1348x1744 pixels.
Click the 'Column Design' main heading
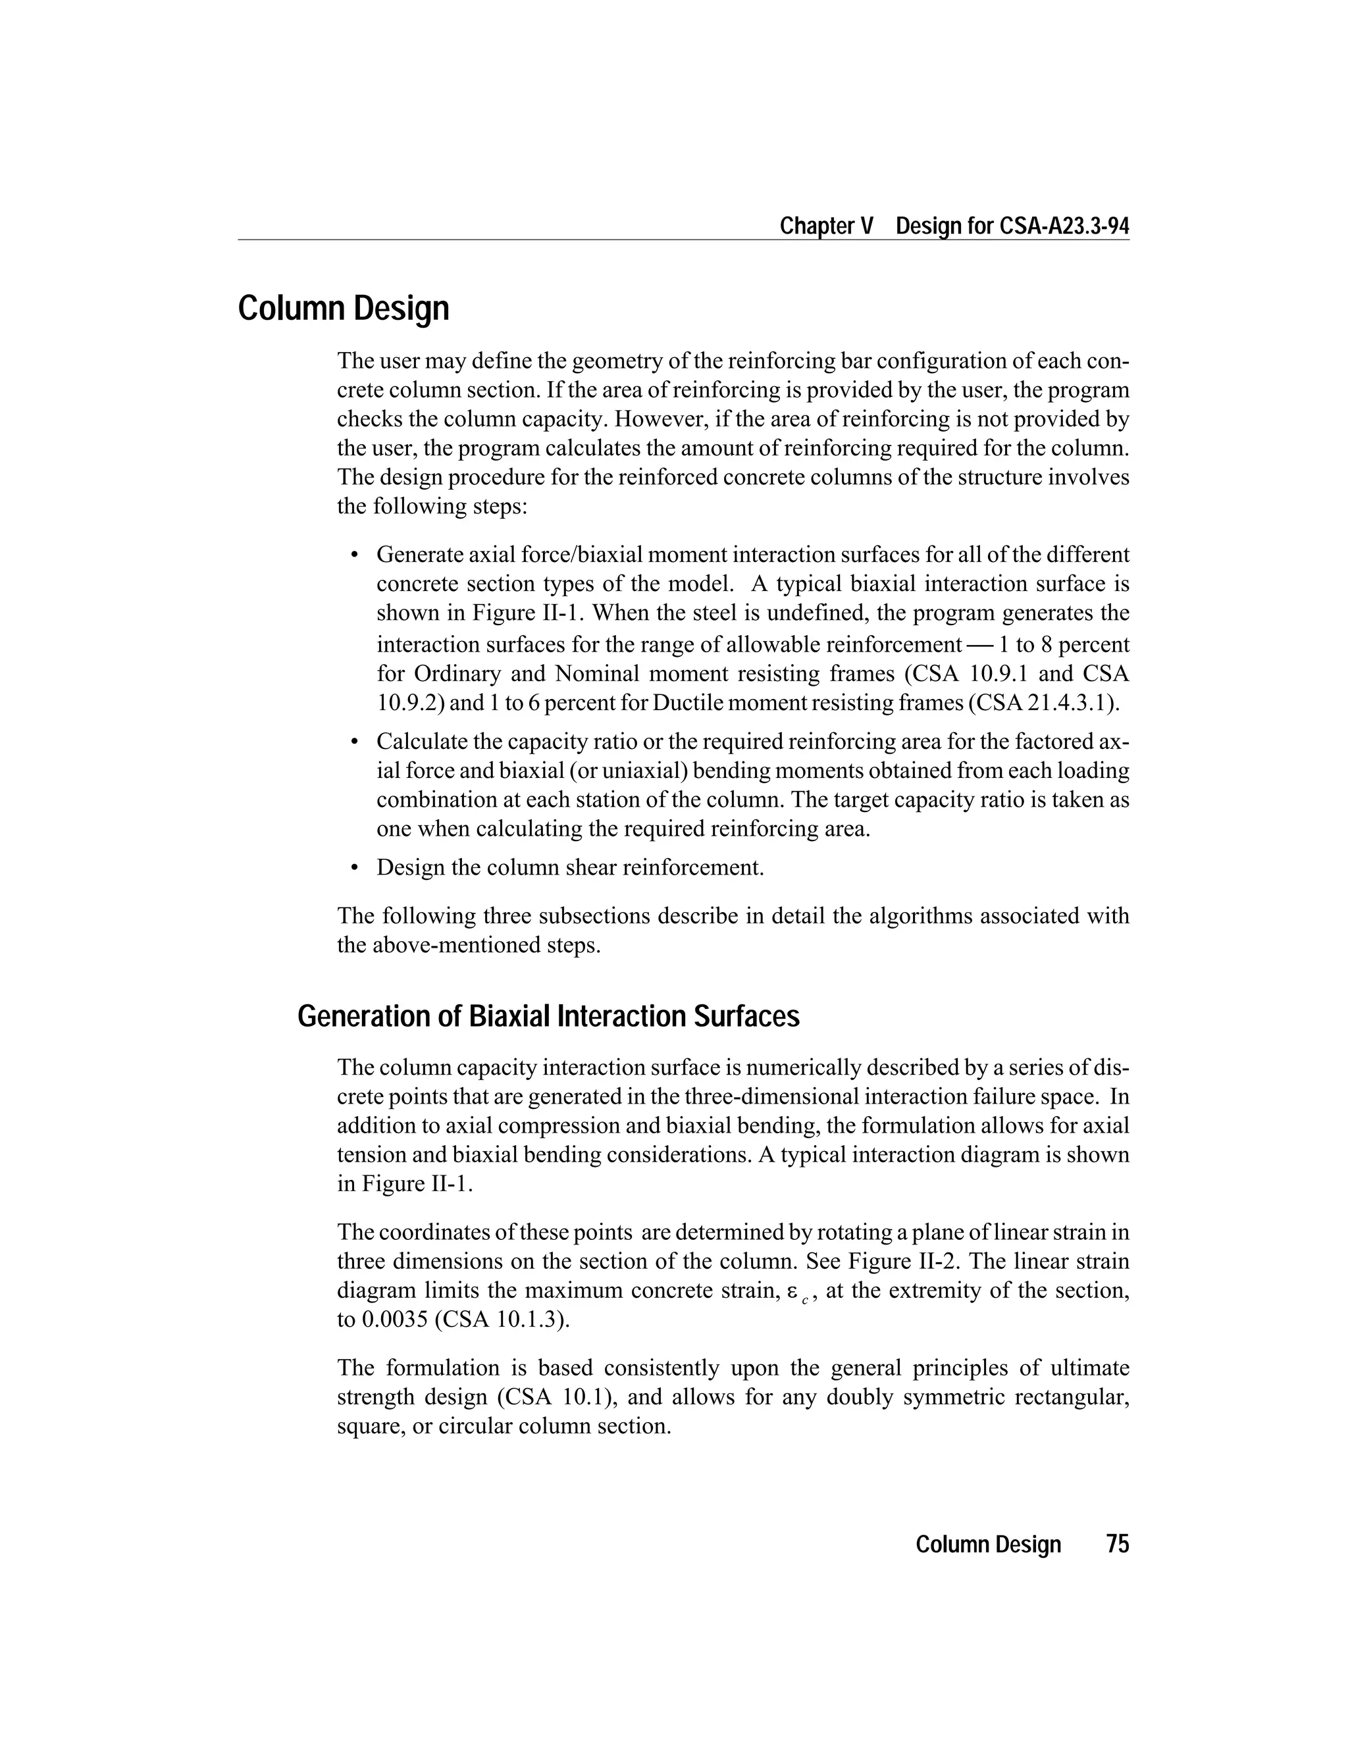pyautogui.click(x=344, y=309)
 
